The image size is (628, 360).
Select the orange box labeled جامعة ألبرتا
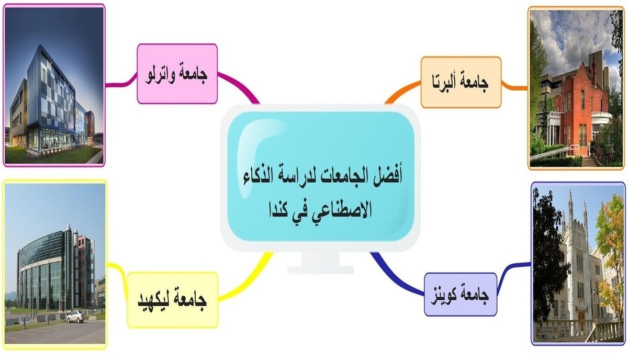click(x=461, y=82)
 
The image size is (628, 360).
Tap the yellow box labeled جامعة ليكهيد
click(x=173, y=299)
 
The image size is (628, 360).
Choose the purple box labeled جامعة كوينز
click(x=460, y=295)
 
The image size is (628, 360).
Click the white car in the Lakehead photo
click(x=75, y=316)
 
